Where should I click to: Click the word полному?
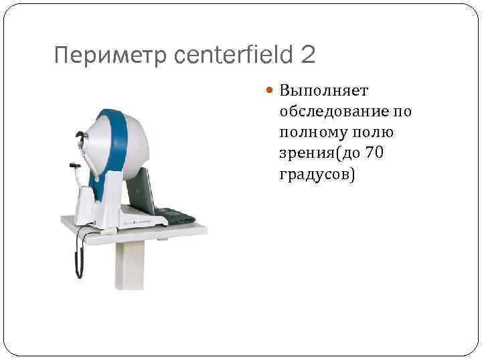click(x=313, y=132)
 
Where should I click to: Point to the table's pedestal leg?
click(x=131, y=264)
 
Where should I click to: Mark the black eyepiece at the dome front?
click(x=81, y=138)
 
